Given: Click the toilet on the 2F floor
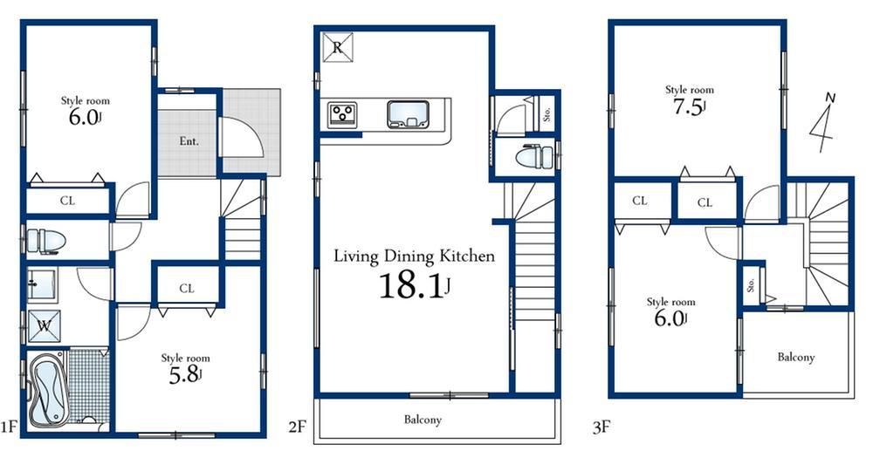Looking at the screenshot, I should tap(533, 157).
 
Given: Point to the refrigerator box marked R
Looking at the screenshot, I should tap(337, 47).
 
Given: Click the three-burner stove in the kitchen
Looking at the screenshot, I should tap(343, 114).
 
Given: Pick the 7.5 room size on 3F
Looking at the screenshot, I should tap(690, 108).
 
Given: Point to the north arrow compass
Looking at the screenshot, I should tap(821, 121).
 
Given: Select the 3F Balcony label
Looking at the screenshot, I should tap(795, 357).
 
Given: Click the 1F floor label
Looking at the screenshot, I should tap(10, 427).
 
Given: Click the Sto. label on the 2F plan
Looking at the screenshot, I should tap(546, 113).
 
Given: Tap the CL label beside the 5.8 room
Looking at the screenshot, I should tap(187, 288).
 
